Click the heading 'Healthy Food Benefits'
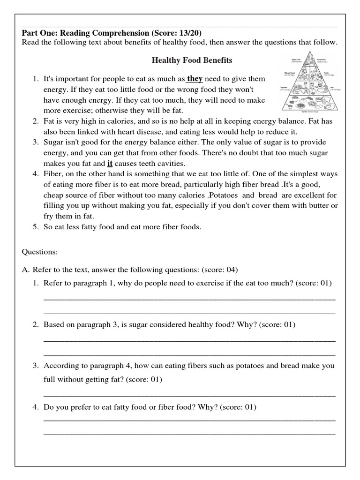pos(192,60)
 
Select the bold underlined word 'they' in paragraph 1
pos(195,79)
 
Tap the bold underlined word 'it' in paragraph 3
pos(110,164)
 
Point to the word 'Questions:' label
pos(40,252)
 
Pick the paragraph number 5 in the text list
pos(36,227)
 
